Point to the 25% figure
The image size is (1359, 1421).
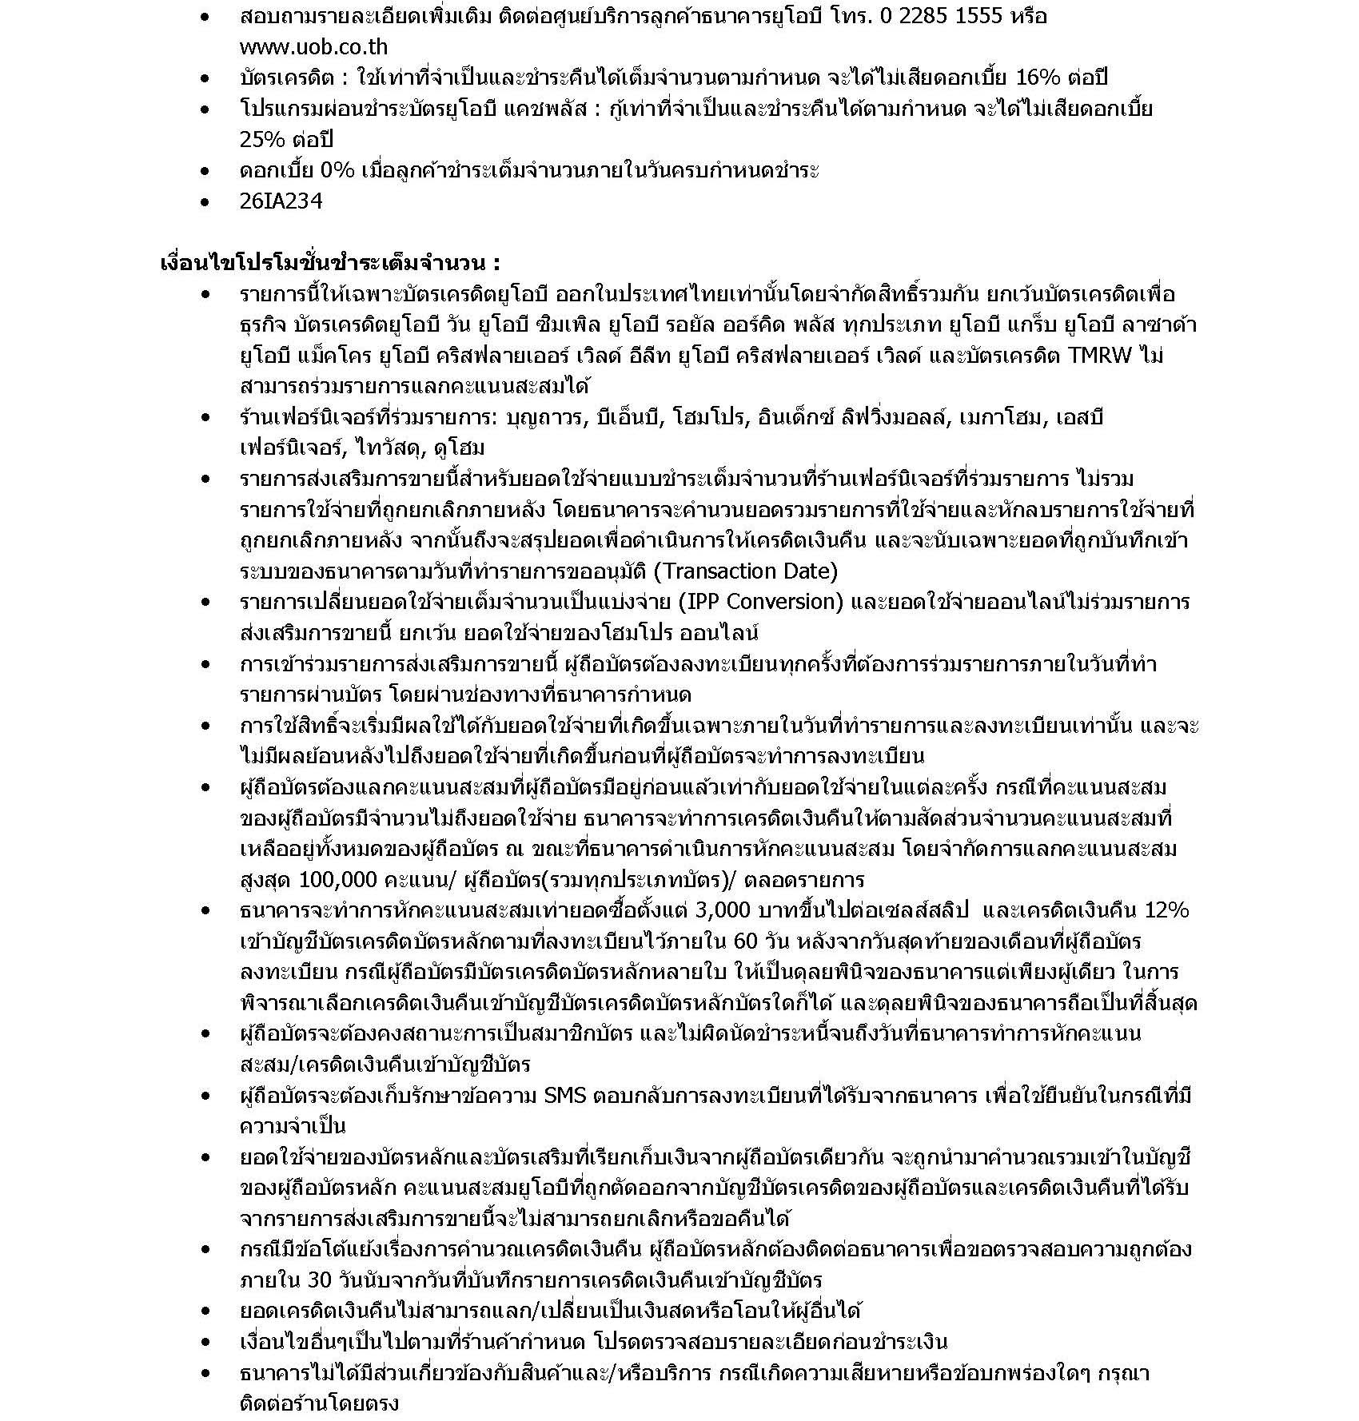261,139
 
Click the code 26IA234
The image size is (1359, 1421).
281,201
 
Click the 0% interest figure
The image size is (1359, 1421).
338,170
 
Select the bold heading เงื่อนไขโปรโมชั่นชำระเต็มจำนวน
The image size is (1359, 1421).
330,263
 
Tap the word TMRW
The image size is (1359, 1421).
1101,356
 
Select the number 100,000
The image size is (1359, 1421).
337,880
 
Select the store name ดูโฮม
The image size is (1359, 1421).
457,448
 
